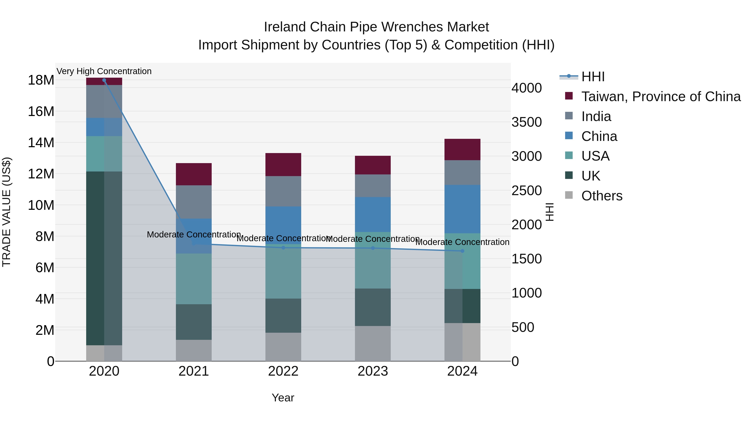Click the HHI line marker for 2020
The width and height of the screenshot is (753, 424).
(104, 80)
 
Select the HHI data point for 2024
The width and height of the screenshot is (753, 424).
(462, 251)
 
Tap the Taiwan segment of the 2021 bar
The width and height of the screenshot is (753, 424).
(193, 174)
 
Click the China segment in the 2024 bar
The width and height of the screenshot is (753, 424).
(462, 209)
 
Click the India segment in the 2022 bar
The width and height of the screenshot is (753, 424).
(283, 191)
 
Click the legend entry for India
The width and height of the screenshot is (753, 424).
(596, 116)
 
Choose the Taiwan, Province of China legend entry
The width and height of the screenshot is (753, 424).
(661, 97)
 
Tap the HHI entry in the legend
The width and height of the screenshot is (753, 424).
(593, 77)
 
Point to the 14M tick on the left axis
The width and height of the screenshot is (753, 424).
(41, 143)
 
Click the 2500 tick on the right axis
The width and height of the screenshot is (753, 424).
(526, 191)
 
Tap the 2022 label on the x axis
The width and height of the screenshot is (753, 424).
(283, 371)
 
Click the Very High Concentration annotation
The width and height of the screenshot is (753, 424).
(104, 71)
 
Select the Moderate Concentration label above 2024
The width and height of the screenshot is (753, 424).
(462, 242)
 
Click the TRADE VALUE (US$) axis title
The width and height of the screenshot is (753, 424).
(6, 212)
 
